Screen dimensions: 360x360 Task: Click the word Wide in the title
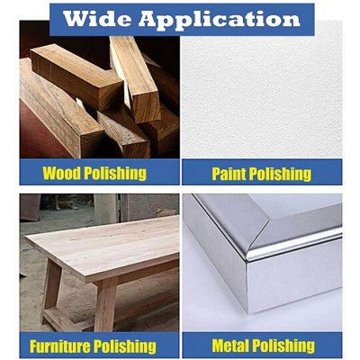coord(97,19)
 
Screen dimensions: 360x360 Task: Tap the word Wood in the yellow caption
coord(62,173)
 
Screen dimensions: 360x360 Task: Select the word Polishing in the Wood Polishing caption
coord(115,174)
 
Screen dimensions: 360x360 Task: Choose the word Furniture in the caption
coord(59,346)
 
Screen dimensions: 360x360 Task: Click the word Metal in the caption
coord(230,346)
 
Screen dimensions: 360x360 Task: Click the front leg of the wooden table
coord(105,304)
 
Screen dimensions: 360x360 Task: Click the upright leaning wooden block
coord(136,78)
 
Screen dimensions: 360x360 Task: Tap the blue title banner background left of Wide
coord(57,20)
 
